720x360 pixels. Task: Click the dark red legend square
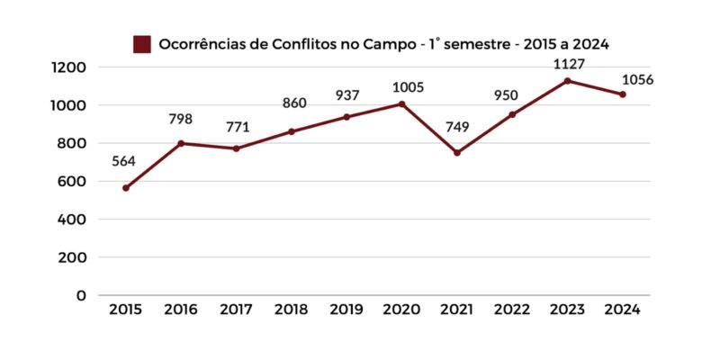point(141,44)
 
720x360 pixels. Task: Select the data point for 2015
point(126,188)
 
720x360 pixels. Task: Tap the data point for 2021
point(457,153)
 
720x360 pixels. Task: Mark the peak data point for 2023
point(567,81)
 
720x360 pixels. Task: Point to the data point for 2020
point(401,104)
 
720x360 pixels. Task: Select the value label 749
point(457,128)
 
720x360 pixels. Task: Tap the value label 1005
point(405,87)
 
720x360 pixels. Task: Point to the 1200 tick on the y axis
point(68,67)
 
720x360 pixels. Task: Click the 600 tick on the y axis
point(73,181)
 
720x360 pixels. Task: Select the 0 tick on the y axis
point(82,295)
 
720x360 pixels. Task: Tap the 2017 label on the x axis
point(236,310)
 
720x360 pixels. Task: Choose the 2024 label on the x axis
point(622,310)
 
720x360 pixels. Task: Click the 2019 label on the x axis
point(346,310)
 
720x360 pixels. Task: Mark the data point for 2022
point(512,114)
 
